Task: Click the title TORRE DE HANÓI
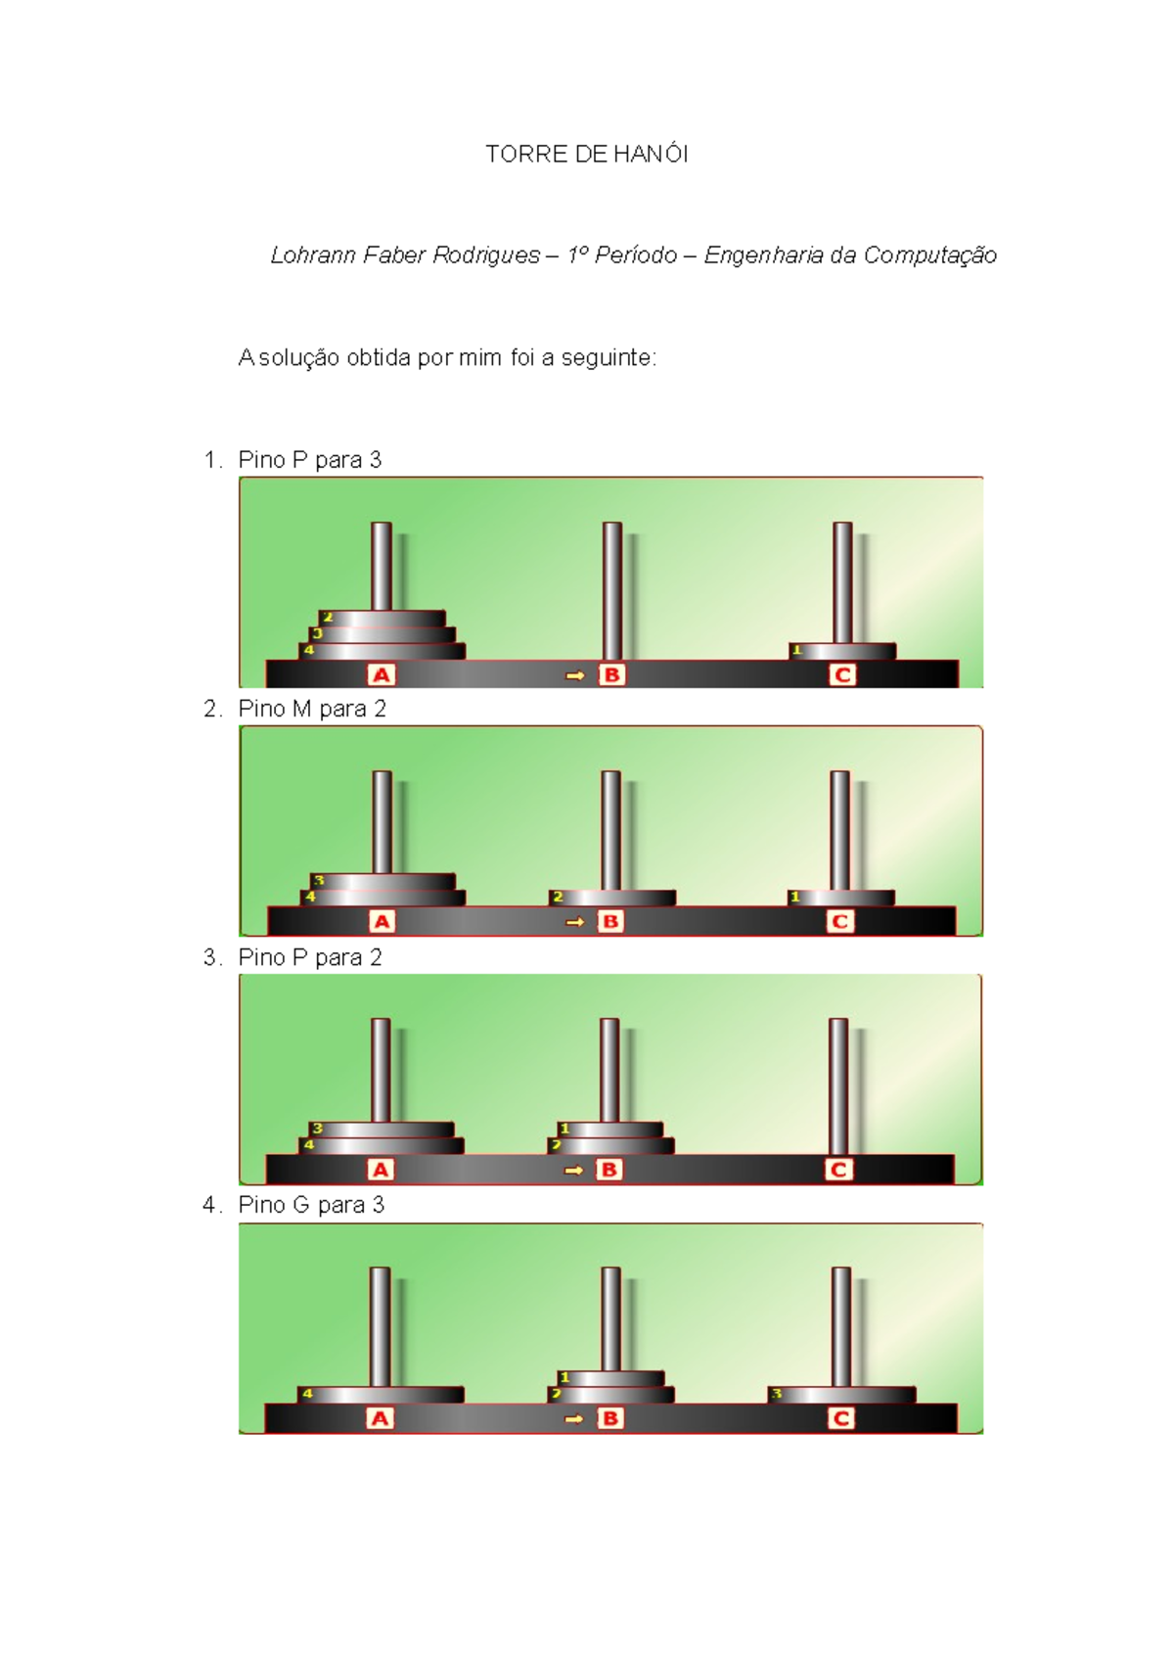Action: tap(587, 155)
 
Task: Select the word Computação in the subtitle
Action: tap(930, 256)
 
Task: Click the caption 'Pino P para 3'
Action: tap(309, 460)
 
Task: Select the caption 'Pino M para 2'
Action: tap(312, 710)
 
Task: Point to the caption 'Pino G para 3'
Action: tap(311, 1205)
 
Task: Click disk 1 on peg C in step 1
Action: tap(841, 651)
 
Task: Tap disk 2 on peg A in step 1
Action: tap(382, 618)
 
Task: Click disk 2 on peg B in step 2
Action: tap(611, 898)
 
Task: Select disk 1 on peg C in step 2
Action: tap(840, 898)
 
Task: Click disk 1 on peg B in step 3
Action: tap(610, 1130)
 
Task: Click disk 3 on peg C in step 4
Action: tap(841, 1395)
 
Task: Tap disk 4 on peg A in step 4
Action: tap(381, 1395)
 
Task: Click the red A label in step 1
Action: tap(382, 675)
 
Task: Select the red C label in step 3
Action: tap(838, 1170)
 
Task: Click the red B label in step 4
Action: tap(610, 1418)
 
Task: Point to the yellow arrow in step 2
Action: tap(574, 922)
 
